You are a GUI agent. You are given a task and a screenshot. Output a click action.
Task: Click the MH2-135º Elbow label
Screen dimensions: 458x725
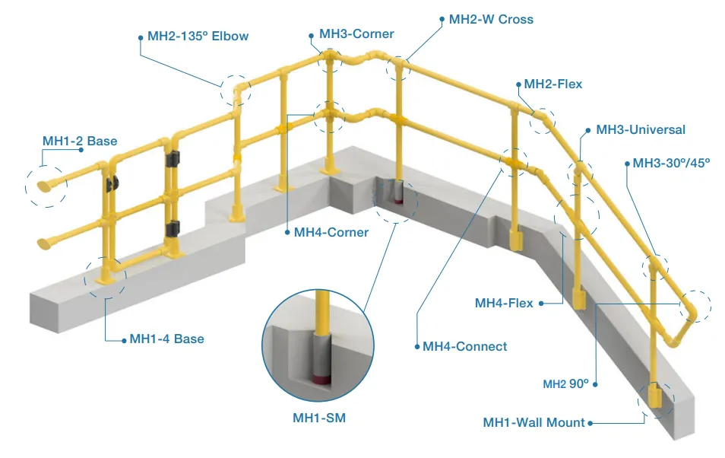coord(198,36)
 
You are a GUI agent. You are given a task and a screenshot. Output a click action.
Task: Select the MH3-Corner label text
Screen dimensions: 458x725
coord(356,33)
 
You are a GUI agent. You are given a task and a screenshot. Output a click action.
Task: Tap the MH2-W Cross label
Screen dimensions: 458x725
coord(491,19)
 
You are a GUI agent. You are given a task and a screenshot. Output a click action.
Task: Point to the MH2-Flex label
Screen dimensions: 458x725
coord(553,84)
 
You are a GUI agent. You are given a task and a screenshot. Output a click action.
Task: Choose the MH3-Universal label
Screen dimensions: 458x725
coord(641,129)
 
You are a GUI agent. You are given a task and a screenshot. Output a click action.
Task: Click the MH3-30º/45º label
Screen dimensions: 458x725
coord(671,164)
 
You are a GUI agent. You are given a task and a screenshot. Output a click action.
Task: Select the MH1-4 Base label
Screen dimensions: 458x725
coord(166,339)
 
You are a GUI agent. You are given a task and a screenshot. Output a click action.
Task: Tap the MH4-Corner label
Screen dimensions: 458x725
coord(331,232)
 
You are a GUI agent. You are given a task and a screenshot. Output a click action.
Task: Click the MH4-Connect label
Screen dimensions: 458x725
coord(464,346)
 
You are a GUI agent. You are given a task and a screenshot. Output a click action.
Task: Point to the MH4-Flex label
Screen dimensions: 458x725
coord(504,304)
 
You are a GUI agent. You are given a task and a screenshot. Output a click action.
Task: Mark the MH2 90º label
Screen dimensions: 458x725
coord(565,384)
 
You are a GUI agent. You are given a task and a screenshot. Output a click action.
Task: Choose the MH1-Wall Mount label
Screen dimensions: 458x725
coord(533,422)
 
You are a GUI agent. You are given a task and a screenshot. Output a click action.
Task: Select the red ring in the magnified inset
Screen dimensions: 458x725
coord(320,377)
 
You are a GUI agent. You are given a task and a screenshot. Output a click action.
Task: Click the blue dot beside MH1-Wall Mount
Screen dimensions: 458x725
coord(591,422)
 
